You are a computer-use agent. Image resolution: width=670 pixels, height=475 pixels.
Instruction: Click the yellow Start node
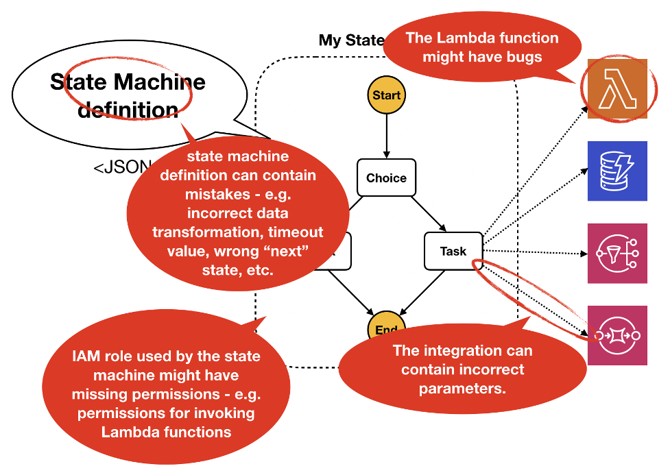tap(386, 95)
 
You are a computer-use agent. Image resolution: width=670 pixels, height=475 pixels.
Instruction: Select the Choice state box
tap(386, 178)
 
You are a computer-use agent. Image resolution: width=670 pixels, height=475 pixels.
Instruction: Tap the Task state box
tap(453, 252)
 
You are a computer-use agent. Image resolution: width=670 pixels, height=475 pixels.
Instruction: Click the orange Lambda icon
tap(617, 89)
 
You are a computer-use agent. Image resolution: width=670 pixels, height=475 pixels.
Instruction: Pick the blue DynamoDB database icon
tap(617, 171)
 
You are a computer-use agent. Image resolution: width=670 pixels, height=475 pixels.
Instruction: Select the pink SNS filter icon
tap(617, 253)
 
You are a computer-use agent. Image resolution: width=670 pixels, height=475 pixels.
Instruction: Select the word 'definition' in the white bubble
tap(128, 109)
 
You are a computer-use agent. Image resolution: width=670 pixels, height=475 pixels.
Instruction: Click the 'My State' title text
tap(350, 40)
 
